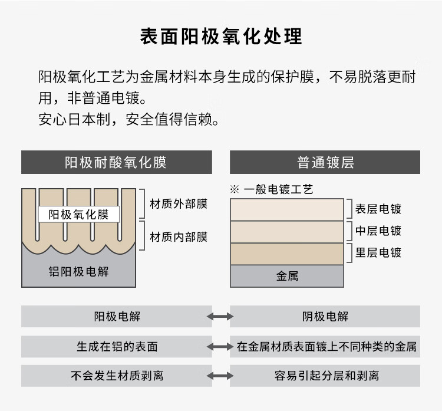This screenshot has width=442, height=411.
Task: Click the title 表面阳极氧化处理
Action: click(x=221, y=37)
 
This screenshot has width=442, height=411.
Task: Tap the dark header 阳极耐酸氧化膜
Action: click(x=116, y=162)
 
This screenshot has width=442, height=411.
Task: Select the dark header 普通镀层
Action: click(x=325, y=162)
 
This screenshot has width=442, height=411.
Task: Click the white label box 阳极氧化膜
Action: click(x=78, y=214)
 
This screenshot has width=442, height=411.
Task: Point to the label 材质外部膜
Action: click(x=179, y=204)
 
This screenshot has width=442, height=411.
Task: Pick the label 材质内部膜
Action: click(x=179, y=237)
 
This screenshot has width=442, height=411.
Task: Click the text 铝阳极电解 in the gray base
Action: click(x=78, y=271)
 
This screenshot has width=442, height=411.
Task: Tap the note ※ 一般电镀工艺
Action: click(x=271, y=189)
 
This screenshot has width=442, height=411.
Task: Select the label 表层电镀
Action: click(x=378, y=209)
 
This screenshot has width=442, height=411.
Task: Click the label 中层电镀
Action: click(x=378, y=231)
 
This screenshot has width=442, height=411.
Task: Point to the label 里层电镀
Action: click(x=378, y=252)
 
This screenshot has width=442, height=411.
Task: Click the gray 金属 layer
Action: click(x=287, y=275)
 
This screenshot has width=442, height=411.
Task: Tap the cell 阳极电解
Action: click(x=117, y=317)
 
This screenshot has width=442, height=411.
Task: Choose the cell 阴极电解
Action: click(x=325, y=317)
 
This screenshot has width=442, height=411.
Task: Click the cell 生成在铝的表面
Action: click(x=117, y=347)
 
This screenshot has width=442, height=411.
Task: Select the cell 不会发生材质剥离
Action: click(x=117, y=376)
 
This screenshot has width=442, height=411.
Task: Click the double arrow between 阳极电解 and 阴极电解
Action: click(x=220, y=317)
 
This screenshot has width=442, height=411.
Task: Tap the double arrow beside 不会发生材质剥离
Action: click(x=220, y=376)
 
